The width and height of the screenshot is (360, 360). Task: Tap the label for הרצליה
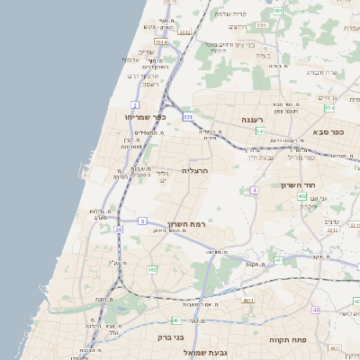(x=195, y=169)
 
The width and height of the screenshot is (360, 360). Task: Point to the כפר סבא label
(x=330, y=131)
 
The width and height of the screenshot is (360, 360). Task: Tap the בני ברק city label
(x=171, y=337)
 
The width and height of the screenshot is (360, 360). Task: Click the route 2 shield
(x=134, y=105)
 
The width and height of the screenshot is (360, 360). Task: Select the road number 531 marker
(x=187, y=117)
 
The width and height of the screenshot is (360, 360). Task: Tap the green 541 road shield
(x=259, y=131)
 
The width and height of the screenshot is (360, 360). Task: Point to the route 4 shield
(x=255, y=191)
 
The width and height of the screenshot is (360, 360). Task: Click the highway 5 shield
(x=142, y=220)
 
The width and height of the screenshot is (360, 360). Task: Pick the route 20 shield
(x=118, y=229)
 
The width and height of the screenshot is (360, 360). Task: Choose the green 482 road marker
(x=152, y=269)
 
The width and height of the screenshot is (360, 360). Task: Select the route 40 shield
(x=316, y=310)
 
